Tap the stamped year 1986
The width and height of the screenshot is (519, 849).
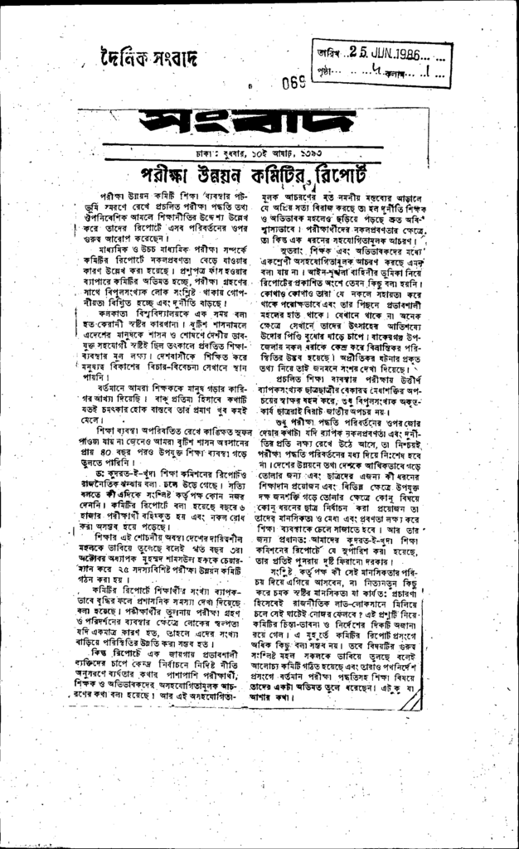pyautogui.click(x=400, y=56)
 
